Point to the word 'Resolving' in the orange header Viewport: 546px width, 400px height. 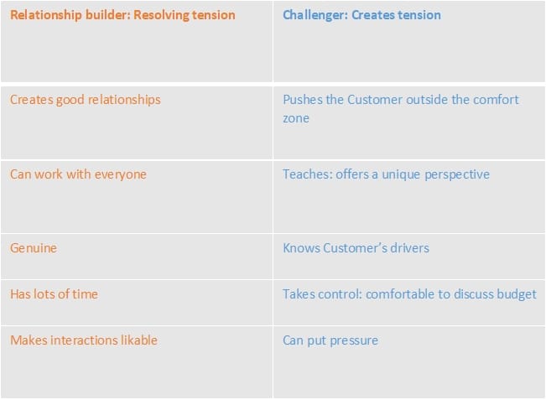(162, 15)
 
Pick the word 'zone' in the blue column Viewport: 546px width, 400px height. (295, 119)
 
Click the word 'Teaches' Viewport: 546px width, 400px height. (308, 174)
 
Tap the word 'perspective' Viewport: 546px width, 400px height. (457, 174)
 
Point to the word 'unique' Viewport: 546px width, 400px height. (401, 174)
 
